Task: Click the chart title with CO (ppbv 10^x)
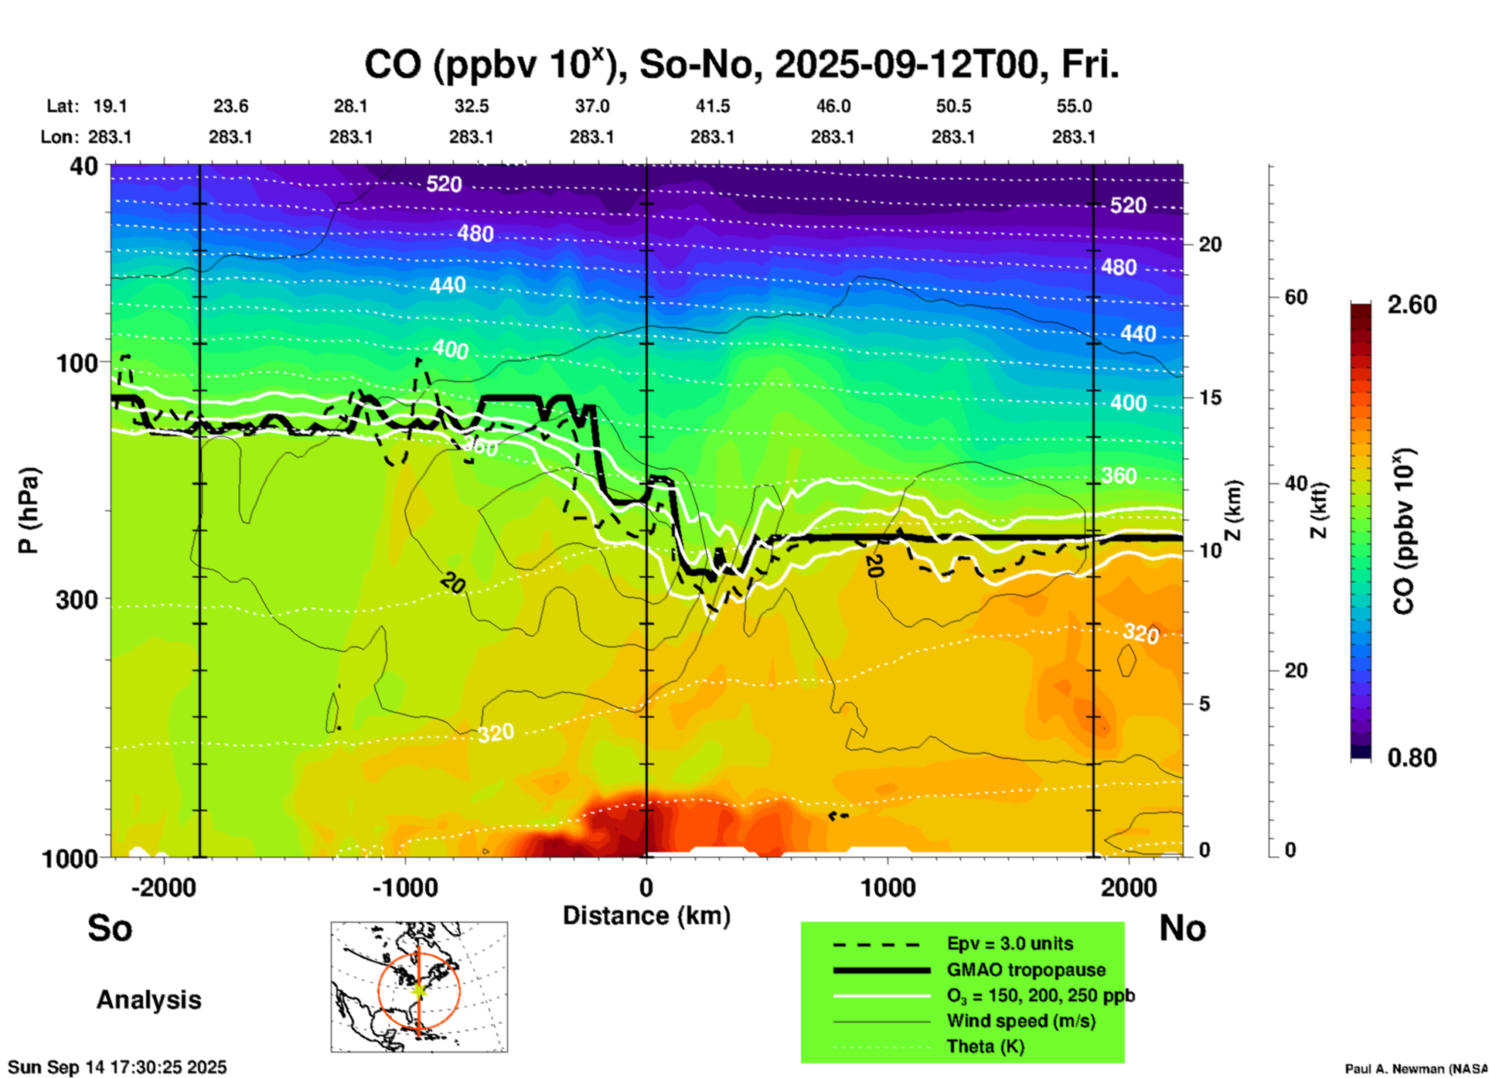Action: point(741,64)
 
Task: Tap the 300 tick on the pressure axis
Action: point(77,599)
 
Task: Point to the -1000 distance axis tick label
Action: point(404,888)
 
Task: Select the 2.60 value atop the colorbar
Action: point(1412,305)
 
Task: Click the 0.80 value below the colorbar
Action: point(1412,757)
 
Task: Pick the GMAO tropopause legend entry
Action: point(1025,970)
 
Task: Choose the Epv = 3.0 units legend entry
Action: point(1009,943)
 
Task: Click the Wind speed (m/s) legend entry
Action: point(1020,1021)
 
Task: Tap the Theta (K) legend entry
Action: point(985,1046)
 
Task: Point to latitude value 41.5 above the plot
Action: point(712,106)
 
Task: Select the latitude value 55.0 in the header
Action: point(1074,106)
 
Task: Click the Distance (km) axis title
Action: point(646,916)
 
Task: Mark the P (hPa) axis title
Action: point(29,510)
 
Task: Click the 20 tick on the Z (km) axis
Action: point(1210,244)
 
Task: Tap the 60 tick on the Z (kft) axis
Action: point(1296,297)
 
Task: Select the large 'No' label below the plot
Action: point(1182,928)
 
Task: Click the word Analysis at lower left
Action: point(148,999)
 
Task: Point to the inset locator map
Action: point(419,987)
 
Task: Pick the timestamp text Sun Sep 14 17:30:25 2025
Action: point(118,1067)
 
